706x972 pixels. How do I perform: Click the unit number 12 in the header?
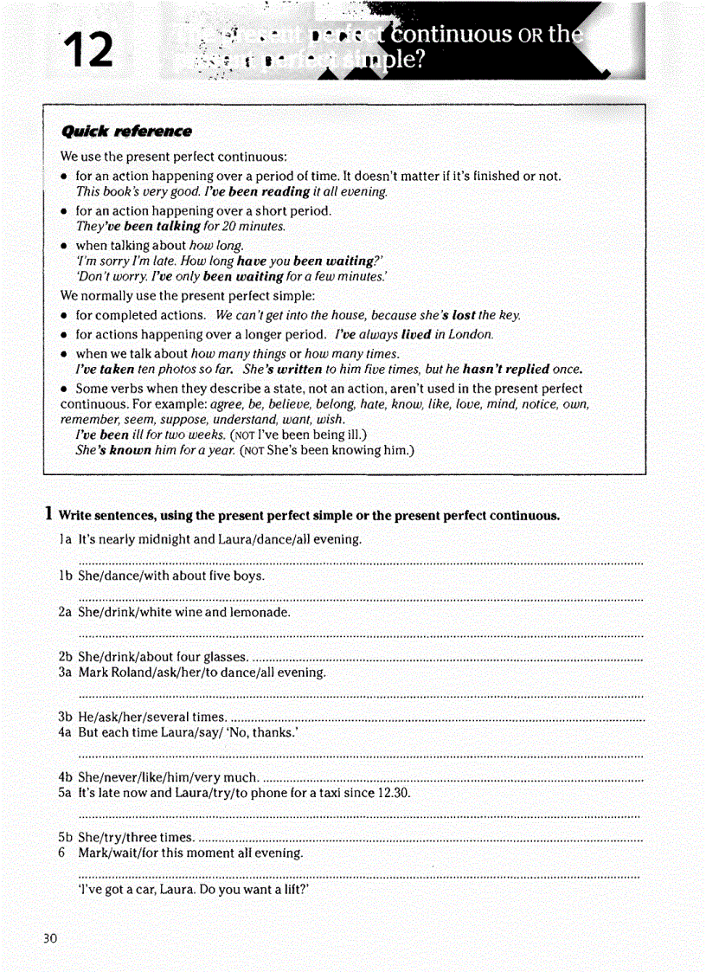(x=88, y=48)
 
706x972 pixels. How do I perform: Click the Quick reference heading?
(x=126, y=132)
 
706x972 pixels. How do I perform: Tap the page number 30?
(x=49, y=938)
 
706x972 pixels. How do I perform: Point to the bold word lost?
(x=464, y=315)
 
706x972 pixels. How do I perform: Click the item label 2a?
(x=65, y=612)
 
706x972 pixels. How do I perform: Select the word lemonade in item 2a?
(x=262, y=612)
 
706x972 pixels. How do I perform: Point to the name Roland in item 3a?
(x=132, y=672)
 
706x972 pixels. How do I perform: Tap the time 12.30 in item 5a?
(x=394, y=793)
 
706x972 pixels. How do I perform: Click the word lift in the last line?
(x=292, y=889)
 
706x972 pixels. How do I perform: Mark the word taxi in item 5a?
(x=333, y=793)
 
